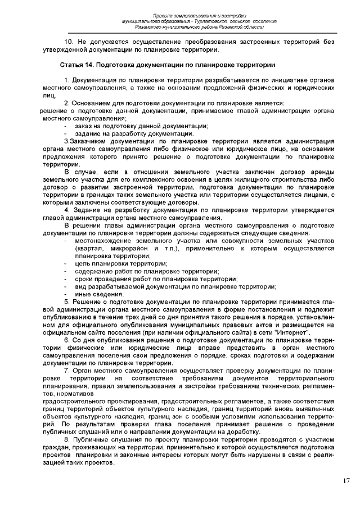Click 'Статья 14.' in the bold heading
point(78,65)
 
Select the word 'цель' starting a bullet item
point(82,263)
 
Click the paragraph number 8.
point(67,439)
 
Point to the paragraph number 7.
point(67,371)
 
